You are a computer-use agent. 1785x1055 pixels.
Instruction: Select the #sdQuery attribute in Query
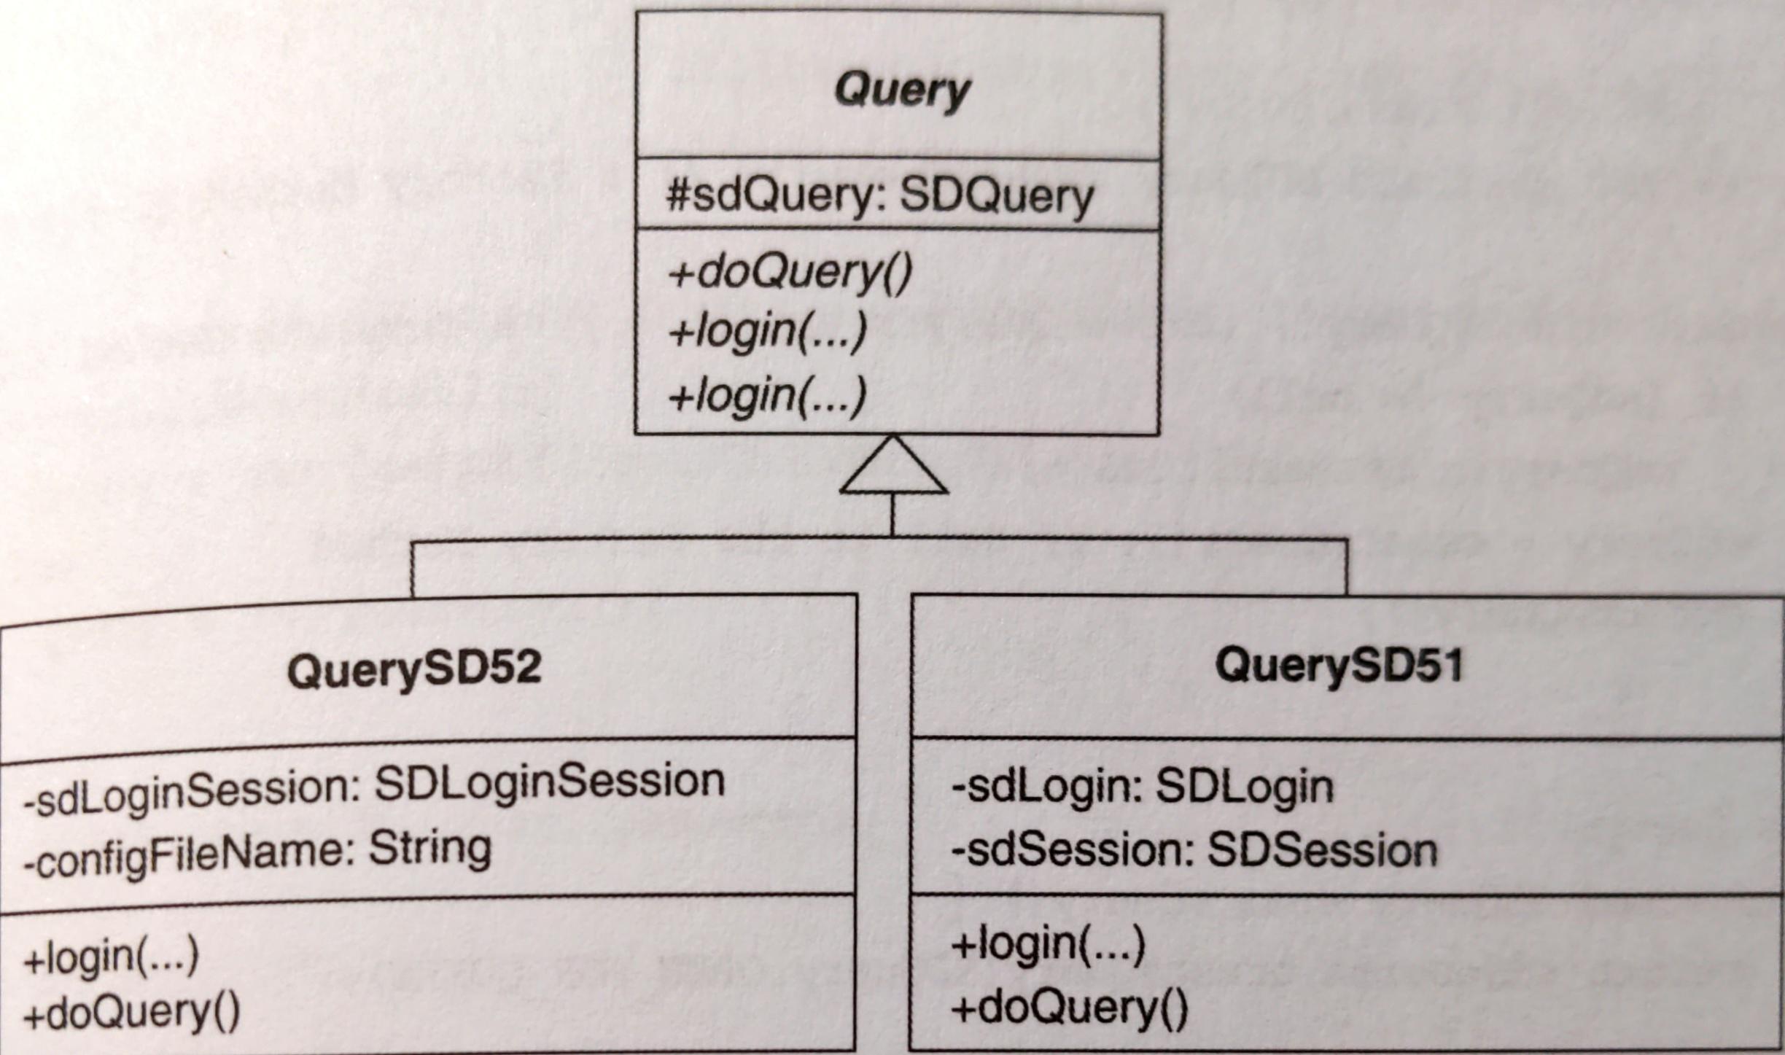coord(879,195)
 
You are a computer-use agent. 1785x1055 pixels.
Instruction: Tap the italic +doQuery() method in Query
coord(790,273)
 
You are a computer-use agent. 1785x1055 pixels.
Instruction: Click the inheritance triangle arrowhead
coord(893,468)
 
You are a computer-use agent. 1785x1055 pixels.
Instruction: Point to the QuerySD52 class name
coord(414,669)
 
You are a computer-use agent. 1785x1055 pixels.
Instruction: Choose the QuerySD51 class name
coord(1339,666)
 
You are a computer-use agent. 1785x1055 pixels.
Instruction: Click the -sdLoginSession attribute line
coord(374,785)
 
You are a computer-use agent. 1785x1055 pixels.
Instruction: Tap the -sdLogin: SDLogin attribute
coord(1142,787)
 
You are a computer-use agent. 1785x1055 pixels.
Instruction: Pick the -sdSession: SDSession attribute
coord(1194,851)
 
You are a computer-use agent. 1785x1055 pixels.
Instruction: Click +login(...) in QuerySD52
coord(111,957)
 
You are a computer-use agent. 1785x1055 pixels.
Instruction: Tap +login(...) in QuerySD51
coord(1048,944)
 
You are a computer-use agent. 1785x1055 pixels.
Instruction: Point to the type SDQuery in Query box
coord(996,195)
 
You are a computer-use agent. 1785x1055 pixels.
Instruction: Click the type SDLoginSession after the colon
coord(550,782)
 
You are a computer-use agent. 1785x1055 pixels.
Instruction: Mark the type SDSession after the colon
coord(1322,851)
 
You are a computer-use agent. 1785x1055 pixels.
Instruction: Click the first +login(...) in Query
coord(767,332)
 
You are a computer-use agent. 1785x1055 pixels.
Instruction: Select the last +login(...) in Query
coord(767,397)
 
